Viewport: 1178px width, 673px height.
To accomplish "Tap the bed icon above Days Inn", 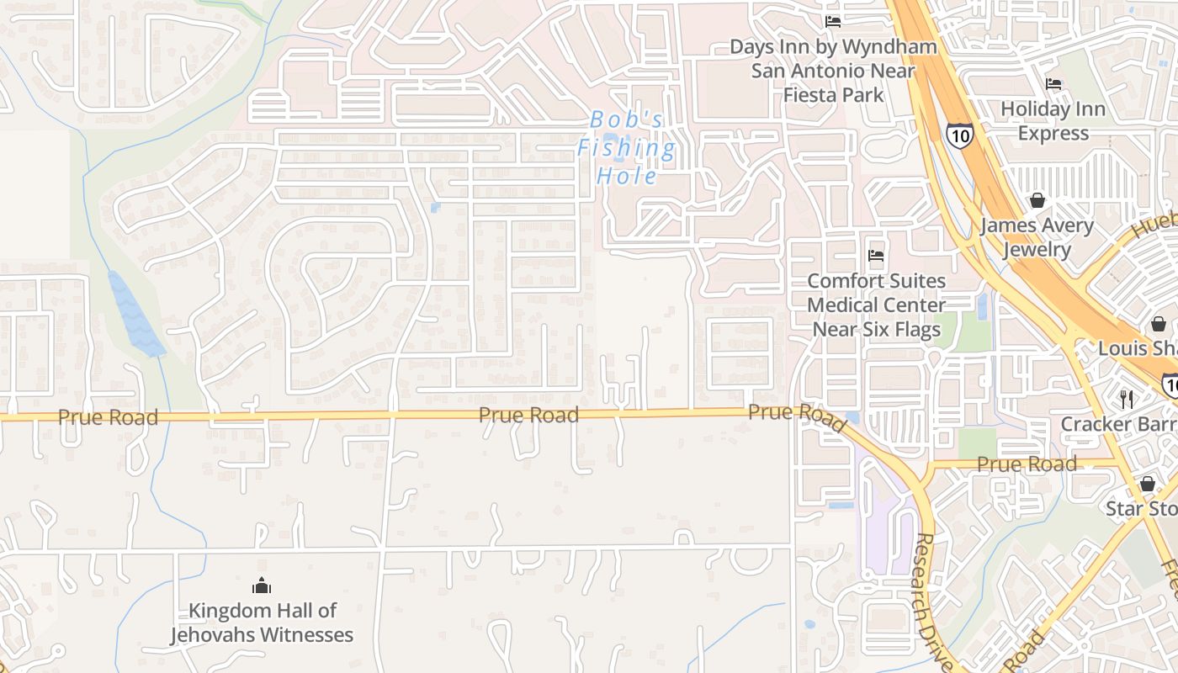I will (833, 21).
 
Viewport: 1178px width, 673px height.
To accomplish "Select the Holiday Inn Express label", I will (1053, 121).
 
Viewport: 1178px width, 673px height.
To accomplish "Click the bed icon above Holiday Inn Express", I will (1053, 83).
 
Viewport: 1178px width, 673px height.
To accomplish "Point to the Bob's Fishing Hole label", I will (627, 148).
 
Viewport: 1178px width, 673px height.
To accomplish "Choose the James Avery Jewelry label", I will (1037, 237).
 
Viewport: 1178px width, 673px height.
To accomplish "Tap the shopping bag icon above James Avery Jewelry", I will (1037, 200).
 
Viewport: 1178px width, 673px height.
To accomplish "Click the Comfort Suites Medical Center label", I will (876, 305).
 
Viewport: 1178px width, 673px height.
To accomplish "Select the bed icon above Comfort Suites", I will (876, 255).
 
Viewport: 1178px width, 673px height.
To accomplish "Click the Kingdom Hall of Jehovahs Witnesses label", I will (262, 623).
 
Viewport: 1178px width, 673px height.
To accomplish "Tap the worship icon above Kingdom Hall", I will (262, 585).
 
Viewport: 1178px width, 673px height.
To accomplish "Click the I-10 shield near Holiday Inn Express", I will (959, 135).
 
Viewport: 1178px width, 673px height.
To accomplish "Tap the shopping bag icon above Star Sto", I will (1147, 484).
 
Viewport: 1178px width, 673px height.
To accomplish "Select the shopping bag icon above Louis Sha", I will (1159, 324).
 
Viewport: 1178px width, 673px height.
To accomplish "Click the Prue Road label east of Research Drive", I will (1027, 464).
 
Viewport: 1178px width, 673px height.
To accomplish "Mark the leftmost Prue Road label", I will (108, 417).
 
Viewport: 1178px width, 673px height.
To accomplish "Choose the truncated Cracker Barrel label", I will (1118, 424).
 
